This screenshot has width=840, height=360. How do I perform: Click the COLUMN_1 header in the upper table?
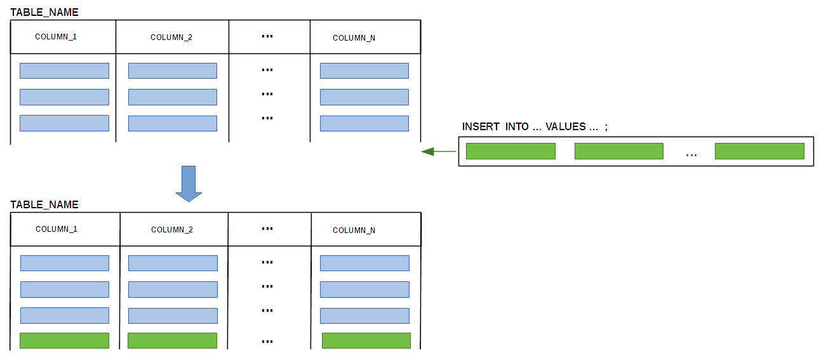point(56,37)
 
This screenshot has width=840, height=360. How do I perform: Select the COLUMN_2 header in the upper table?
point(171,37)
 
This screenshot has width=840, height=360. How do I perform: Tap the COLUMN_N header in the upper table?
point(354,38)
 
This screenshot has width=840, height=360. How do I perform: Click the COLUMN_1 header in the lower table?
point(57,229)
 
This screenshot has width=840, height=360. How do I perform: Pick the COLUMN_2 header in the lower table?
point(172,230)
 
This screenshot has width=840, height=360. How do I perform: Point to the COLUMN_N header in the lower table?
point(354,230)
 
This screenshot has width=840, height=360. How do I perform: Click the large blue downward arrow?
point(189,183)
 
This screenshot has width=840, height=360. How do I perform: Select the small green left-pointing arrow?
point(439,152)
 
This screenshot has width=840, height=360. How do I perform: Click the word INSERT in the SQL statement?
point(481,127)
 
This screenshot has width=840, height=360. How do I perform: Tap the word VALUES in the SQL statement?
point(566,127)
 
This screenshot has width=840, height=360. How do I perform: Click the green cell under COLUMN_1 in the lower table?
point(65,340)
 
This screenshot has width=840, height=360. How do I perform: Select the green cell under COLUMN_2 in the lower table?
point(173,340)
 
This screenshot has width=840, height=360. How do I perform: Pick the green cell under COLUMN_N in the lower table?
point(366,340)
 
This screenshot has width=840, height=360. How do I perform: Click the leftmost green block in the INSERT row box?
point(510,151)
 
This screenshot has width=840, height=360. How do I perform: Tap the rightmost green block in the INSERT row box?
point(760,151)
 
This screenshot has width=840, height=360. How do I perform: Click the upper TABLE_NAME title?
point(44,12)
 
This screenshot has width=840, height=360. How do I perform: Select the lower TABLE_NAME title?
point(44,204)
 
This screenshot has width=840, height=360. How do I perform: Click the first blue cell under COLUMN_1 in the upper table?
point(65,71)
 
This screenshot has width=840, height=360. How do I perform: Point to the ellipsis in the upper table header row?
point(267,36)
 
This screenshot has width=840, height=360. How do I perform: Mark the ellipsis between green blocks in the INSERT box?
point(691,155)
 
